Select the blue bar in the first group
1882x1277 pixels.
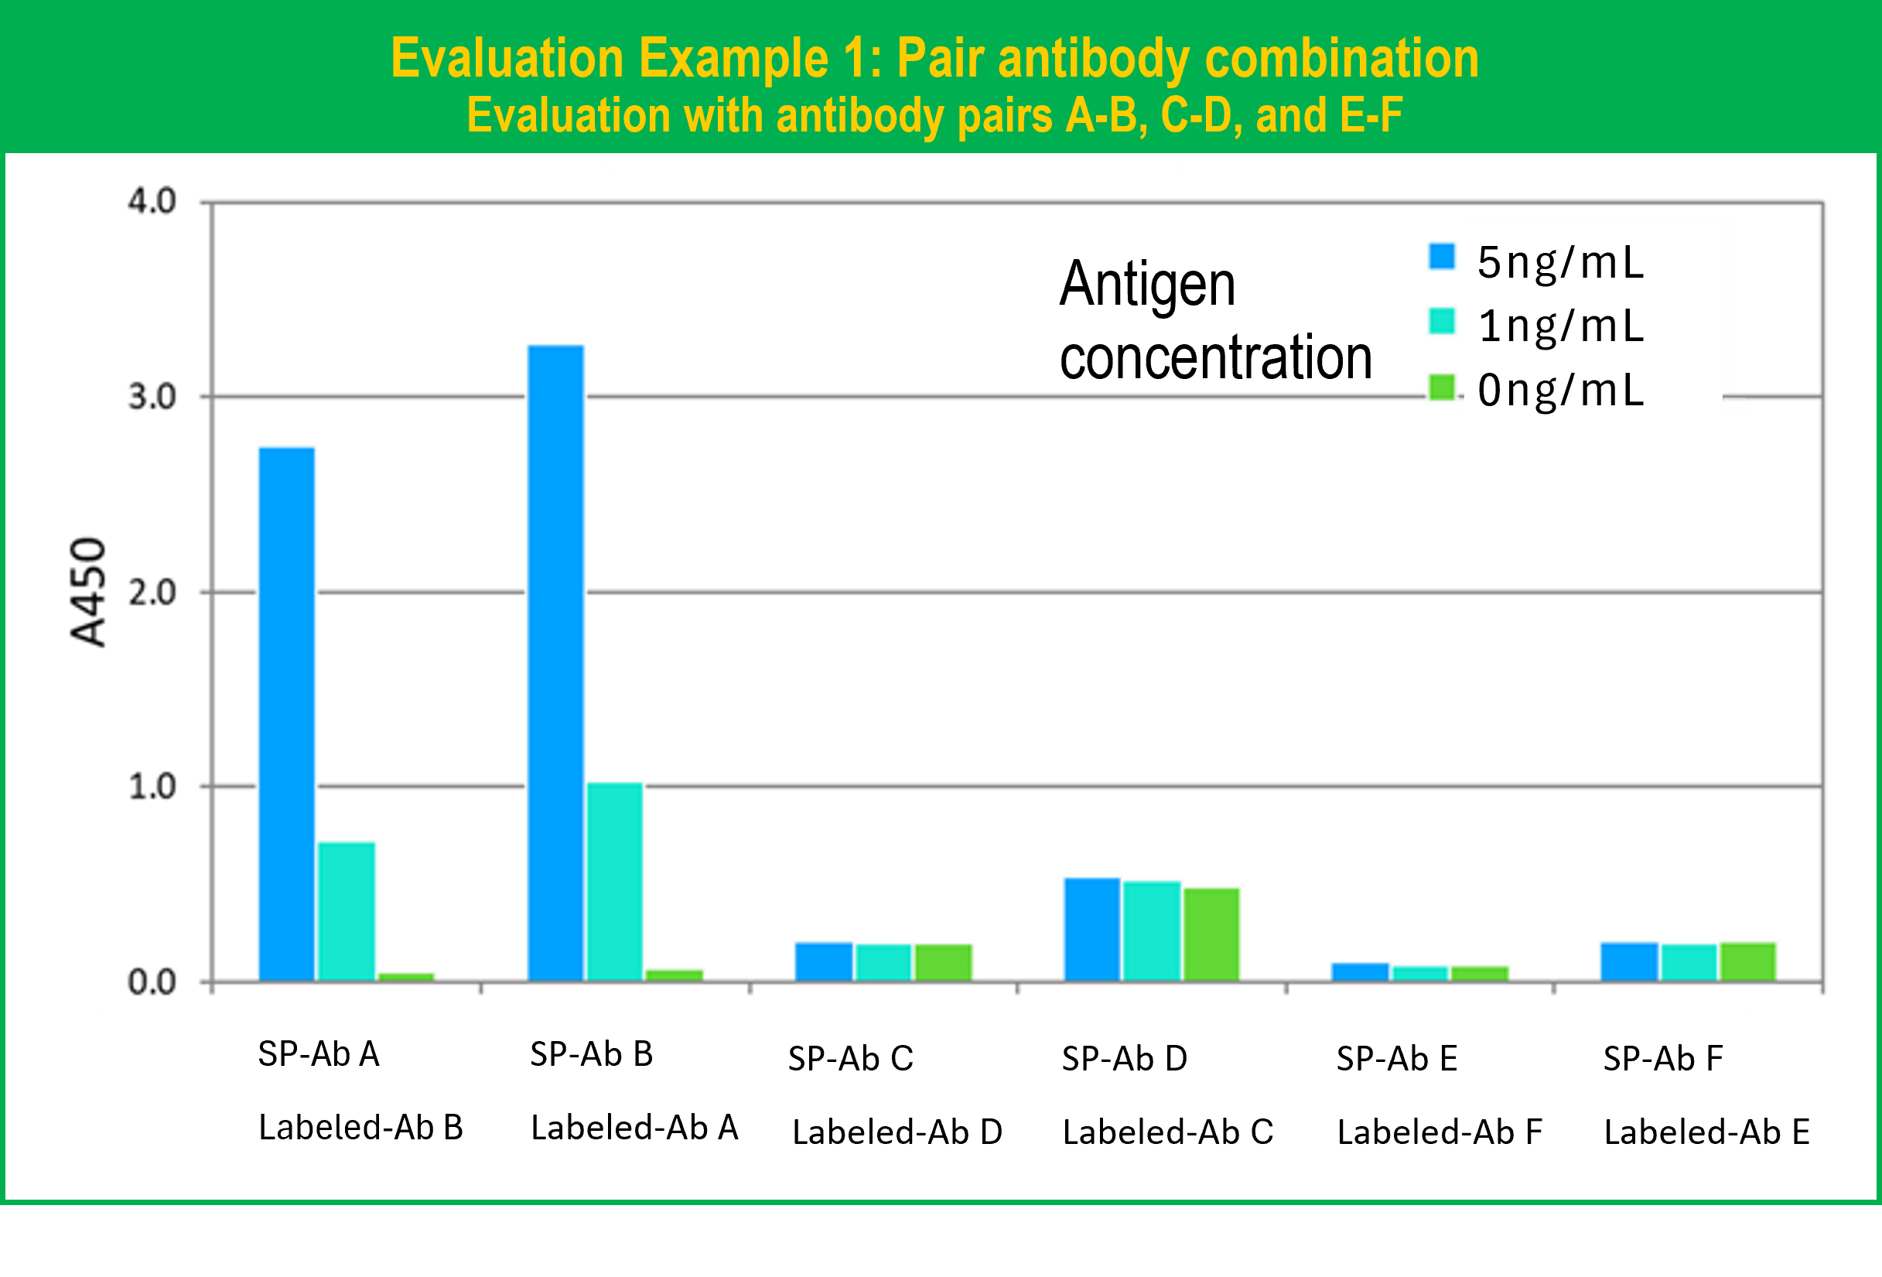pos(287,712)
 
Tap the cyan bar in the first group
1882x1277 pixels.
pos(346,911)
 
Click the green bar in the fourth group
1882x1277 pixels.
pos(1211,934)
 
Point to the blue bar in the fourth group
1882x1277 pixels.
pos(1091,929)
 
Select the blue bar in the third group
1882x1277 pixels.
pos(823,961)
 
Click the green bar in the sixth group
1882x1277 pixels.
pos(1747,961)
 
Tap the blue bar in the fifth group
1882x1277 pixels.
pos(1360,971)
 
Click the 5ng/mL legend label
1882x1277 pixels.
pos(1559,262)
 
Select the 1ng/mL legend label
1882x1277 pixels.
pos(1559,326)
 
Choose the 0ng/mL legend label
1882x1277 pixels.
pos(1559,391)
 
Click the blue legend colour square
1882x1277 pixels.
pos(1441,256)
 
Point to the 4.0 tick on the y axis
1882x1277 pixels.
pos(152,201)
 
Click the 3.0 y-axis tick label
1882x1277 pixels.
pos(152,397)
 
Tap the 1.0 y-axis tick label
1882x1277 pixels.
pos(152,787)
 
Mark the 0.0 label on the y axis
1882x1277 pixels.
pos(152,982)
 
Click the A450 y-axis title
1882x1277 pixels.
pos(87,592)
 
